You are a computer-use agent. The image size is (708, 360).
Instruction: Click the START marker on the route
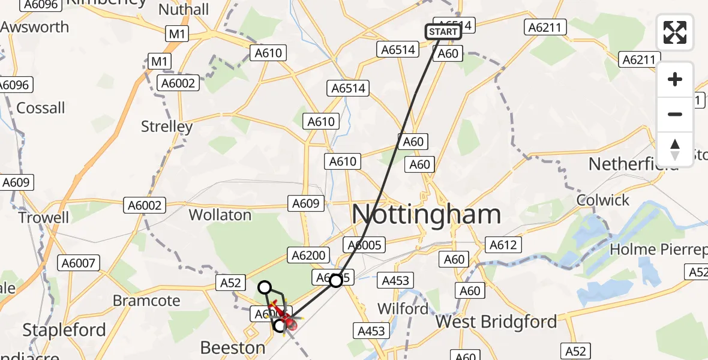pyautogui.click(x=443, y=32)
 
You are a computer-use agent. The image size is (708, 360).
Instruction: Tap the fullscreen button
pyautogui.click(x=675, y=32)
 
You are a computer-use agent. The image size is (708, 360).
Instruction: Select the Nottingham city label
pyautogui.click(x=426, y=214)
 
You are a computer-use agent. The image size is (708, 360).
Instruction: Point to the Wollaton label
pyautogui.click(x=220, y=215)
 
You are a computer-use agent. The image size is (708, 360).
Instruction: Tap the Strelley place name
pyautogui.click(x=167, y=127)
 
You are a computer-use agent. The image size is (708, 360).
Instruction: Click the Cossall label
pyautogui.click(x=41, y=108)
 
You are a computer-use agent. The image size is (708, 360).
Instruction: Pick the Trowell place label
pyautogui.click(x=44, y=217)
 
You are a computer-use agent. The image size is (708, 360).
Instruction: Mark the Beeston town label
pyautogui.click(x=233, y=347)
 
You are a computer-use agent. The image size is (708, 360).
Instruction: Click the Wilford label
pyautogui.click(x=403, y=309)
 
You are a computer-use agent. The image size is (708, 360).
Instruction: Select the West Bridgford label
pyautogui.click(x=496, y=322)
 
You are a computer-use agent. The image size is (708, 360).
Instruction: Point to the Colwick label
pyautogui.click(x=603, y=200)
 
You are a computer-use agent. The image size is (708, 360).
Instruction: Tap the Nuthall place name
pyautogui.click(x=184, y=10)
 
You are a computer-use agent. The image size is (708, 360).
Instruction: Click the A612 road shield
pyautogui.click(x=503, y=245)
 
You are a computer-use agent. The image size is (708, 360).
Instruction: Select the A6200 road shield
pyautogui.click(x=308, y=256)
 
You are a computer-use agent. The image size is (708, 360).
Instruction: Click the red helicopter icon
pyautogui.click(x=290, y=324)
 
